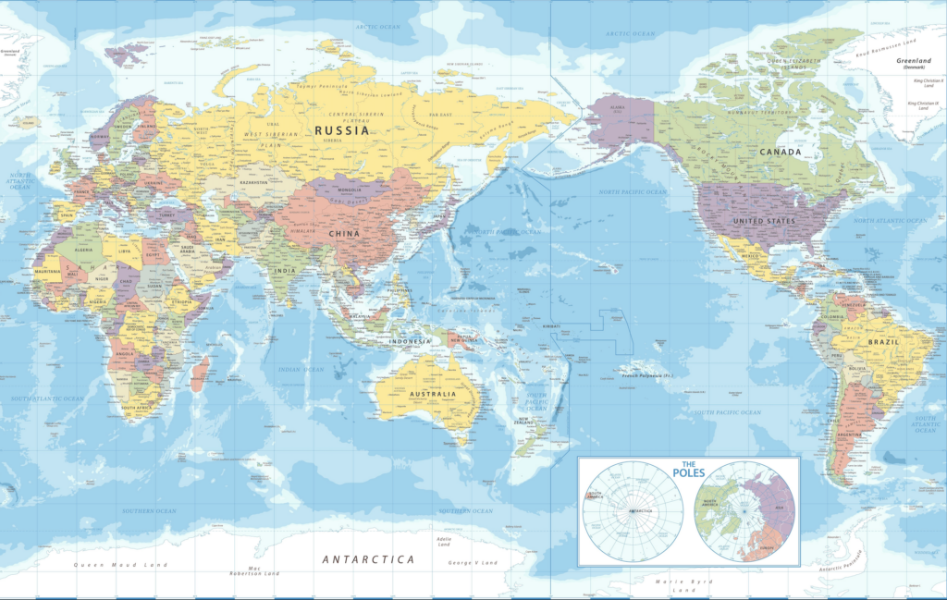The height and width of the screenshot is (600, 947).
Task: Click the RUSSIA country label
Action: pyautogui.click(x=342, y=130)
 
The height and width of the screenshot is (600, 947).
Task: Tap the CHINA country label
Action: pyautogui.click(x=344, y=234)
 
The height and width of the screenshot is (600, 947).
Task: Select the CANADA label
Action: pyautogui.click(x=781, y=152)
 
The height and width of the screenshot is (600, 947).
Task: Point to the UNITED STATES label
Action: pyautogui.click(x=764, y=222)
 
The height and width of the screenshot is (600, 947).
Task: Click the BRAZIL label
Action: pyautogui.click(x=884, y=342)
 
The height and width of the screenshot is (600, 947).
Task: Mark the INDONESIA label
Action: pyautogui.click(x=411, y=341)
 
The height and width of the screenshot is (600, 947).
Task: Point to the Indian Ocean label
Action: pyautogui.click(x=301, y=369)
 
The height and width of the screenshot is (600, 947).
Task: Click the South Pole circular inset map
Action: pyautogui.click(x=633, y=511)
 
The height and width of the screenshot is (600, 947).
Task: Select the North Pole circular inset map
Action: pyautogui.click(x=745, y=512)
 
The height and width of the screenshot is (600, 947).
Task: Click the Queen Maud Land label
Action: pyautogui.click(x=121, y=564)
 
